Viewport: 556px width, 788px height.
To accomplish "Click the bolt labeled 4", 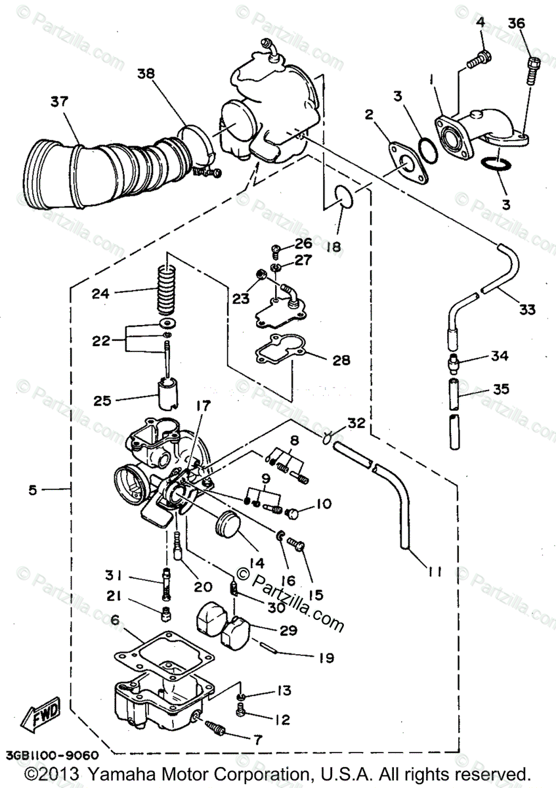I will [477, 60].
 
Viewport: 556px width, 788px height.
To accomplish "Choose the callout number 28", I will [341, 360].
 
